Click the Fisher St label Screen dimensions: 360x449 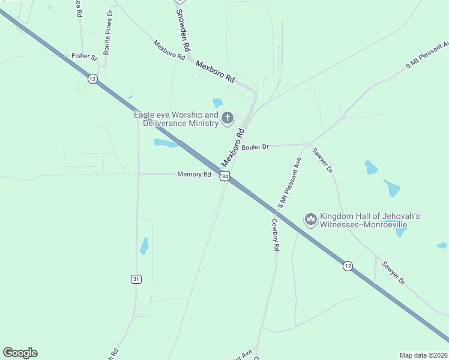point(84,56)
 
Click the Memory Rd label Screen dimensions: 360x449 point(194,175)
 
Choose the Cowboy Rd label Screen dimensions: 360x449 point(275,234)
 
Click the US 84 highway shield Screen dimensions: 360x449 point(224,176)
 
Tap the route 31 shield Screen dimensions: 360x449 point(136,279)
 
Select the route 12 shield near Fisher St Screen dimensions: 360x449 point(92,79)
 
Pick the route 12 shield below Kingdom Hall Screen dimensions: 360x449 point(348,265)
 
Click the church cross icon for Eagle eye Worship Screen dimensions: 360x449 point(228,118)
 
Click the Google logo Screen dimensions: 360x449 point(20,353)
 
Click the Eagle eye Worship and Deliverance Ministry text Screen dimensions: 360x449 point(176,119)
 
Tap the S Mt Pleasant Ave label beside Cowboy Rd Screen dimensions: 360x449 point(289,183)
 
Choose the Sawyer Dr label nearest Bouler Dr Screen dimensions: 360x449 point(322,160)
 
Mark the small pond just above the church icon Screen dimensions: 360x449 point(217,103)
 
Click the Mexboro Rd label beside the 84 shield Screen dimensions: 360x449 point(233,148)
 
